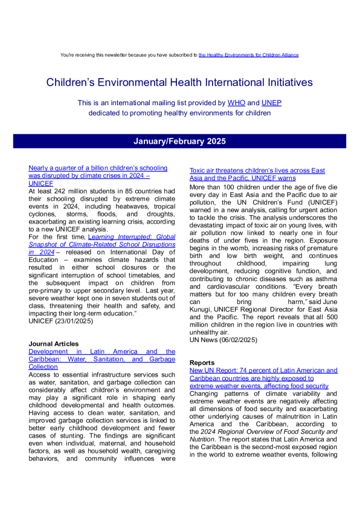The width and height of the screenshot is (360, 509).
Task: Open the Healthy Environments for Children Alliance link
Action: [x=248, y=55]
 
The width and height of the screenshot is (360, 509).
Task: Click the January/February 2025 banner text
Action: [x=180, y=141]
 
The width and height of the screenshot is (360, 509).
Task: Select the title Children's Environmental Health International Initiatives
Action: [x=180, y=82]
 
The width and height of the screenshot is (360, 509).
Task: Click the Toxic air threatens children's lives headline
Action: [x=257, y=175]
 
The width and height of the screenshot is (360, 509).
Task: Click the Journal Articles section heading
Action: [x=54, y=343]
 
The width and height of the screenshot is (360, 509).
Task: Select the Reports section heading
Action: [x=202, y=362]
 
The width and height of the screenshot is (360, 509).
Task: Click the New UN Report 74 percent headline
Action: [x=263, y=369]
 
